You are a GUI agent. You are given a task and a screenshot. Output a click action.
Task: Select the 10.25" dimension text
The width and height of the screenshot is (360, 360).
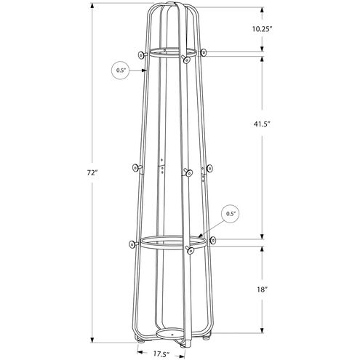click(263, 29)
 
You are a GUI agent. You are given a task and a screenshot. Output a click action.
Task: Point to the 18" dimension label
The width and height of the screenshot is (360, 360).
click(263, 289)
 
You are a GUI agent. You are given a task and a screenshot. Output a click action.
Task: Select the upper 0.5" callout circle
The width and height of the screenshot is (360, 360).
click(121, 70)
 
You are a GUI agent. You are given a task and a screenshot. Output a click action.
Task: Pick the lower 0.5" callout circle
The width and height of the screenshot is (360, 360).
click(232, 214)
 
